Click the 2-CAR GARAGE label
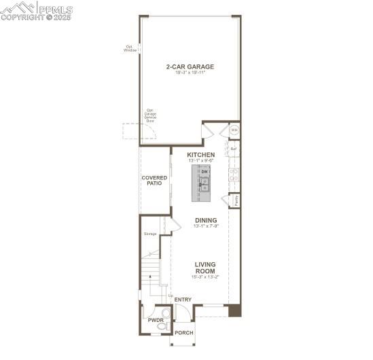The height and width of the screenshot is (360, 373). point(190,67)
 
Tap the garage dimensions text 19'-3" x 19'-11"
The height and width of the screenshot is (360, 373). point(190,73)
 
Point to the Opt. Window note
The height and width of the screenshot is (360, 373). point(130,48)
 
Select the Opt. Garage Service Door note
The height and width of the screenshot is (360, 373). point(150,115)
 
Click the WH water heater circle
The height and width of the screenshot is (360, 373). point(234,130)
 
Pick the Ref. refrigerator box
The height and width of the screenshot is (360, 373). point(234,149)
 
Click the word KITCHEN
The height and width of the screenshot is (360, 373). point(201,155)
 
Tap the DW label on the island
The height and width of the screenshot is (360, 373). point(205,172)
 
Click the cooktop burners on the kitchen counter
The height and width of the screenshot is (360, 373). point(234,176)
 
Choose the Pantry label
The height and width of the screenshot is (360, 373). point(235,201)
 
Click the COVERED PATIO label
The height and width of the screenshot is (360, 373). point(154,181)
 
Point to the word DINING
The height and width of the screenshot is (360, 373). point(206,220)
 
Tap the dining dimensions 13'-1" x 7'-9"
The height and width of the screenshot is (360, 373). point(206,226)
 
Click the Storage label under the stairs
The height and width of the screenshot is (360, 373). point(150,234)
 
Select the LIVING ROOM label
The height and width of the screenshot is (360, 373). point(205,268)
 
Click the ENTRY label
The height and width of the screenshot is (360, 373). point(183,300)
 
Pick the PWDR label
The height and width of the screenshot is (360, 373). point(156,320)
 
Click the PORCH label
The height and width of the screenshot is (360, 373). point(184,332)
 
